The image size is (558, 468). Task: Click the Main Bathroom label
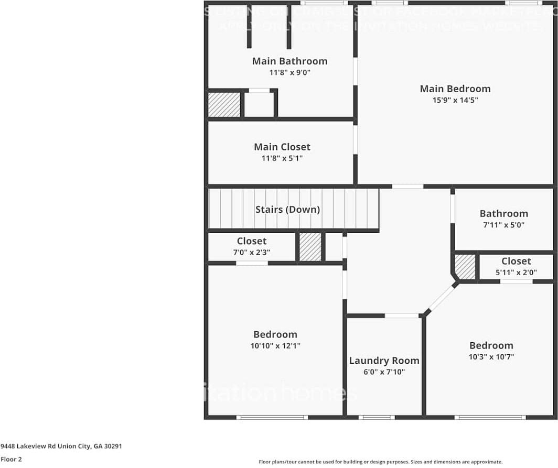(289, 61)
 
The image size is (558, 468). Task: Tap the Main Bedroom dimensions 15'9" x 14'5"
(455, 100)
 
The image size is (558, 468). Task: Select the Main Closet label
(282, 147)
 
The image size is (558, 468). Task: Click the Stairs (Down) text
(287, 210)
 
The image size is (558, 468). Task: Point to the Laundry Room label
(384, 361)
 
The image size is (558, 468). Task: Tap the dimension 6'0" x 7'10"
(384, 372)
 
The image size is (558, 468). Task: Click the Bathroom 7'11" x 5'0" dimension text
(503, 225)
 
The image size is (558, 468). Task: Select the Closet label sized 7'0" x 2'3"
(252, 241)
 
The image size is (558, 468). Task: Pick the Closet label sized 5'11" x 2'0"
(516, 261)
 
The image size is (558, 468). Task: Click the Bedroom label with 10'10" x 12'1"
(275, 334)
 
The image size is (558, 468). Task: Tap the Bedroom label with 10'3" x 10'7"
(491, 345)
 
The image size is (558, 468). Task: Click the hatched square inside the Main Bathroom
(224, 105)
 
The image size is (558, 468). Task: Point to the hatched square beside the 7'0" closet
(310, 247)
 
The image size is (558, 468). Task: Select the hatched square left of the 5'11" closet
(465, 267)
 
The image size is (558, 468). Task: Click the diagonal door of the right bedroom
(442, 299)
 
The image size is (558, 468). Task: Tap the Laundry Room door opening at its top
(402, 315)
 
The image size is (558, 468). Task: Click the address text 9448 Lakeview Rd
(61, 447)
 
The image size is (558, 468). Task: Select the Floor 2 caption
(12, 459)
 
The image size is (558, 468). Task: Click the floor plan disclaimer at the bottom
(380, 462)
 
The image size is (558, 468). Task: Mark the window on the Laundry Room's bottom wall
(377, 417)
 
